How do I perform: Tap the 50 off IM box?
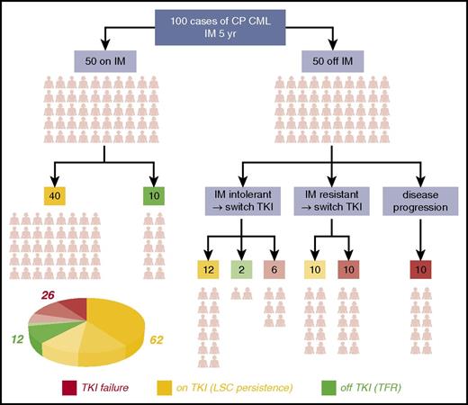(331, 62)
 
